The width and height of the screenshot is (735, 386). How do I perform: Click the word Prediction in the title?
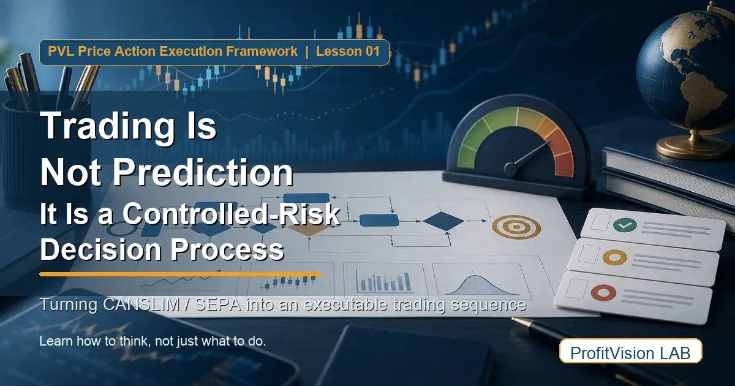point(203,172)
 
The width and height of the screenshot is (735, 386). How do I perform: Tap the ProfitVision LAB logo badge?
point(631,351)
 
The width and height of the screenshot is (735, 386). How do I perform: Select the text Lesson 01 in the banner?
point(348,51)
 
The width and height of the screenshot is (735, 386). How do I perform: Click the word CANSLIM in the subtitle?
point(141,305)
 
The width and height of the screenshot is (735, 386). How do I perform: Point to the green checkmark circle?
point(625,225)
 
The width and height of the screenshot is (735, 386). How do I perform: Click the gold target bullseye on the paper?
point(516,227)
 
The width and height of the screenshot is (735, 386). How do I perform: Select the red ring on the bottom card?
point(603,293)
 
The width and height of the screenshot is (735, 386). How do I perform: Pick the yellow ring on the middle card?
point(614,258)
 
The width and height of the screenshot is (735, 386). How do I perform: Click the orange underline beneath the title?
point(180,274)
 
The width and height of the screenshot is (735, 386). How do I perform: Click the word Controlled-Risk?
point(232,214)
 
